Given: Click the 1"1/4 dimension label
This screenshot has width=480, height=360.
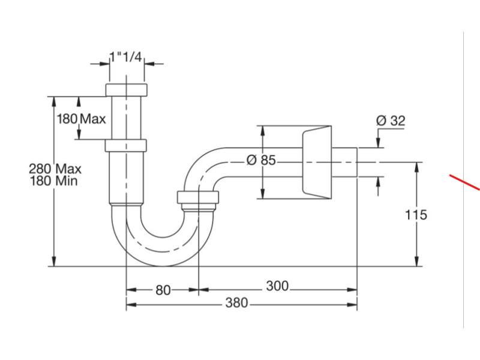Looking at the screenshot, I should click(x=126, y=57).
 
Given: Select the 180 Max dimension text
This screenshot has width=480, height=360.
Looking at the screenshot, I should click(x=81, y=118).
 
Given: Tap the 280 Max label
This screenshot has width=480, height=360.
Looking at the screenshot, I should click(x=55, y=169).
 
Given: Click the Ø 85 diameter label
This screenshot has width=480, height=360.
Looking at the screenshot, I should click(x=261, y=160).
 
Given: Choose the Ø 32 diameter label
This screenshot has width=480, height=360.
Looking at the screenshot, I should click(x=391, y=121).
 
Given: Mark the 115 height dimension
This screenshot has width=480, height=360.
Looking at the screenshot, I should click(x=416, y=214).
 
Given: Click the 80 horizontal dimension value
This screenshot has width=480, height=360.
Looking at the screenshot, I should click(x=163, y=290).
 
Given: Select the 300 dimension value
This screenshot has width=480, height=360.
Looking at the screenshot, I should click(x=277, y=286).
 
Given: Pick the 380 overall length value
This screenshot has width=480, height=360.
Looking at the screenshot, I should click(x=236, y=303).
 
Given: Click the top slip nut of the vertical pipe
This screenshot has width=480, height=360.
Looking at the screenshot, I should click(x=127, y=90).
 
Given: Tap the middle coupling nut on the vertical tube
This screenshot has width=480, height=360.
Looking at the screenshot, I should click(x=126, y=145).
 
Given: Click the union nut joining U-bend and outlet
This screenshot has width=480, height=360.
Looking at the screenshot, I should click(x=198, y=197).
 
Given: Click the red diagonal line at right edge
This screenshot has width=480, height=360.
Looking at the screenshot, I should click(x=466, y=181).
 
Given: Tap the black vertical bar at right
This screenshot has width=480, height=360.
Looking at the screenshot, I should click(x=472, y=180).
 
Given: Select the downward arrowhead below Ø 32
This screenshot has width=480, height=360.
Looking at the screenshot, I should click(x=378, y=142).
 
